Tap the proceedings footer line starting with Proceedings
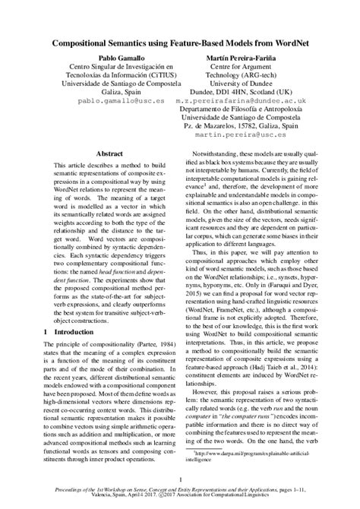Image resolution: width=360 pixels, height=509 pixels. [x=180, y=493]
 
